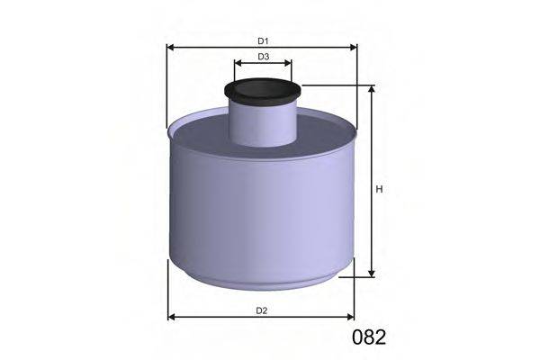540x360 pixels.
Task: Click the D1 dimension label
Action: (263, 40)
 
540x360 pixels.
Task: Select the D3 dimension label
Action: (263, 57)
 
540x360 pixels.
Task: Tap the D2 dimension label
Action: (261, 310)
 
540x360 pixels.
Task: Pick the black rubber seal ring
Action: (263, 91)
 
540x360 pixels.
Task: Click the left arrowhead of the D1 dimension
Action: (171, 47)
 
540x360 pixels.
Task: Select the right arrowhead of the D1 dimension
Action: (353, 47)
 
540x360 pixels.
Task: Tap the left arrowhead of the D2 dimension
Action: (173, 317)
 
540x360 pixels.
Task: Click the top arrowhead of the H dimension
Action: (371, 90)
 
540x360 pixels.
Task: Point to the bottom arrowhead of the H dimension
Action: (371, 274)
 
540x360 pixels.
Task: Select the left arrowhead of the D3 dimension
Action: (238, 64)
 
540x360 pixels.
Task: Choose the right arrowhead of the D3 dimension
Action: (288, 64)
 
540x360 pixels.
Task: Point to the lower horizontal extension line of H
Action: (355, 278)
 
